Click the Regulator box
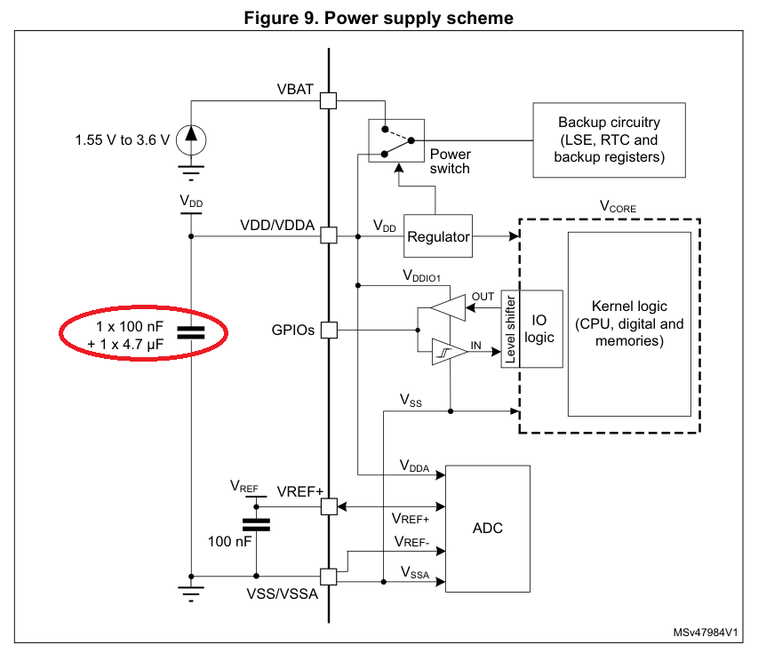(438, 235)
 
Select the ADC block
(487, 529)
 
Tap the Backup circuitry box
(609, 139)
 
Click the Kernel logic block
(629, 324)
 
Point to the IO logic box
(541, 329)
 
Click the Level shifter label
(510, 329)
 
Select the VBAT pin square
(329, 101)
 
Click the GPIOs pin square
(329, 330)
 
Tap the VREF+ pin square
(329, 506)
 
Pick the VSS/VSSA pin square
(329, 577)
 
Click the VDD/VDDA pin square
(329, 235)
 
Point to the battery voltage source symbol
(191, 140)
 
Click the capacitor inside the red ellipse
(191, 332)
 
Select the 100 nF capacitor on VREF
(256, 525)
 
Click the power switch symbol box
(396, 140)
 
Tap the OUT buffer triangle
(448, 308)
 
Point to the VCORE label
(618, 207)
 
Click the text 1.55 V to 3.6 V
(123, 140)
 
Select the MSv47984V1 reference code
(706, 633)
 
